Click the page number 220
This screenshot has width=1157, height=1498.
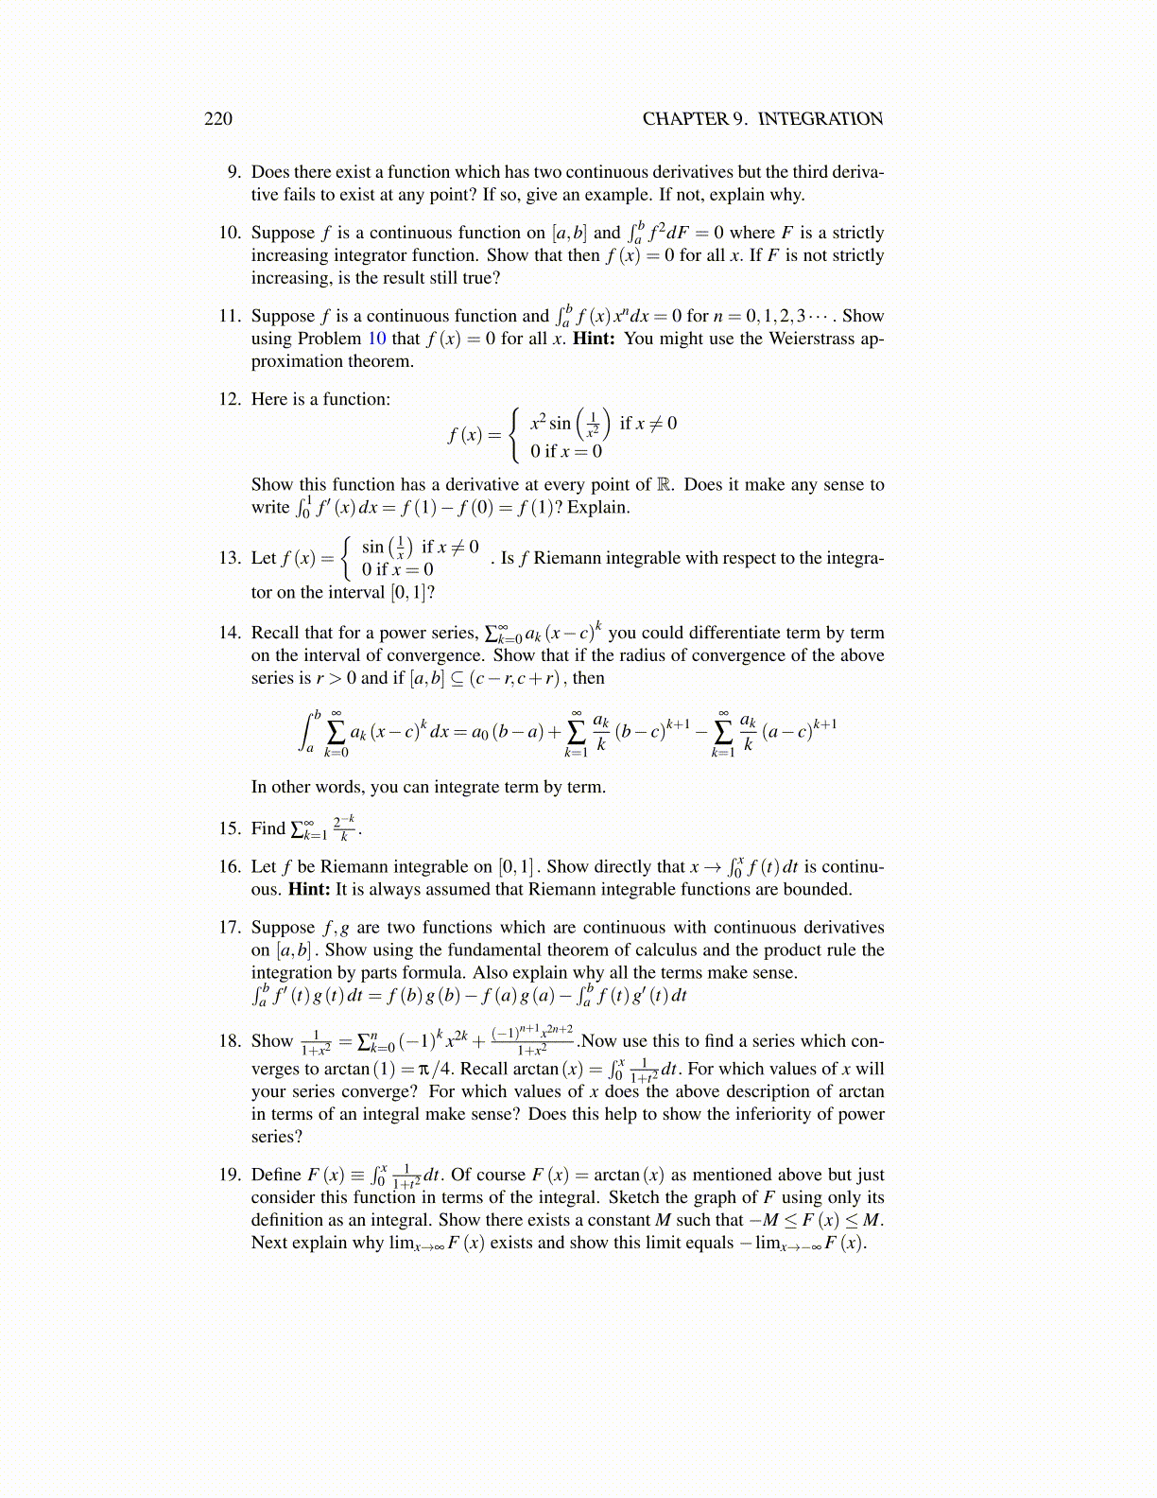click(217, 118)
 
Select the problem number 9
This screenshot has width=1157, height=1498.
click(233, 172)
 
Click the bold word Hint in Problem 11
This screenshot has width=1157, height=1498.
click(593, 339)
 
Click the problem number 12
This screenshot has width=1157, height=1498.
click(230, 399)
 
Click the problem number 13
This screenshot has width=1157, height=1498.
click(230, 558)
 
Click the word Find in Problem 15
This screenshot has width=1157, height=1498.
click(268, 829)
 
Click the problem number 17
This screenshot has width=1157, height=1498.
click(230, 928)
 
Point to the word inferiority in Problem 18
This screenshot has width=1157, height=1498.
click(754, 1114)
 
